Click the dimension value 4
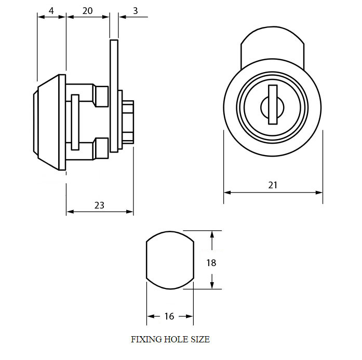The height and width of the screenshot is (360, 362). point(51,10)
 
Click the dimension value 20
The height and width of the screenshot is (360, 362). point(87,10)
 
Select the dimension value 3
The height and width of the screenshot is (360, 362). point(135,10)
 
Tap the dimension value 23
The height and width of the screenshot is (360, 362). point(99,205)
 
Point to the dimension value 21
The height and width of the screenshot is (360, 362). point(273,185)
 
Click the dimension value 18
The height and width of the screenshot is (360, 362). point(211,262)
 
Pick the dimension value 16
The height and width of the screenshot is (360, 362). point(169,316)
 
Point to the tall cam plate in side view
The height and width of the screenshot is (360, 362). point(114,96)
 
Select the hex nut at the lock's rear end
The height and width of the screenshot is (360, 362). point(128,122)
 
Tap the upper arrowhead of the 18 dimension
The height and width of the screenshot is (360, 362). point(211,235)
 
